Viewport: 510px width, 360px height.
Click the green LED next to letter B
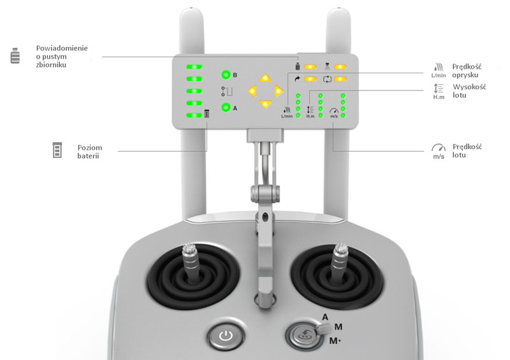[x=226, y=75]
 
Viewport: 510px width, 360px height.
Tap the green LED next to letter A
[x=226, y=107]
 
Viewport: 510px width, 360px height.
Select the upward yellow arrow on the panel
[x=265, y=78]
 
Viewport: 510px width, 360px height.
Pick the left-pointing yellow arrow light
[x=252, y=91]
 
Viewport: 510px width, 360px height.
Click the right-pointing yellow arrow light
[x=278, y=91]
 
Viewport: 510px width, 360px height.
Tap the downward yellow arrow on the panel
[x=265, y=104]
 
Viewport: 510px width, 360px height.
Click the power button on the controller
[x=226, y=336]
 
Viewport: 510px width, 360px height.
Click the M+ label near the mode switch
[x=335, y=341]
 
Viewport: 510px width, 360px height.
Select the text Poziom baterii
[x=89, y=152]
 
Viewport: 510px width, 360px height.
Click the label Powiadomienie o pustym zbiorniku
[x=62, y=56]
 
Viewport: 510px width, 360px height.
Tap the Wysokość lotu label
[x=469, y=91]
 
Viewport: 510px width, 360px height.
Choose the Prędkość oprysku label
[x=467, y=71]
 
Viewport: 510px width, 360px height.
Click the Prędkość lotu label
[x=467, y=150]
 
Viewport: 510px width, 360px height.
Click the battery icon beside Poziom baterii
[x=57, y=150]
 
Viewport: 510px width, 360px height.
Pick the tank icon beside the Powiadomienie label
[x=15, y=55]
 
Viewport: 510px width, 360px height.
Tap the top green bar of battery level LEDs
[x=194, y=67]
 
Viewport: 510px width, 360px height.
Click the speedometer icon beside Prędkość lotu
[x=439, y=151]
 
